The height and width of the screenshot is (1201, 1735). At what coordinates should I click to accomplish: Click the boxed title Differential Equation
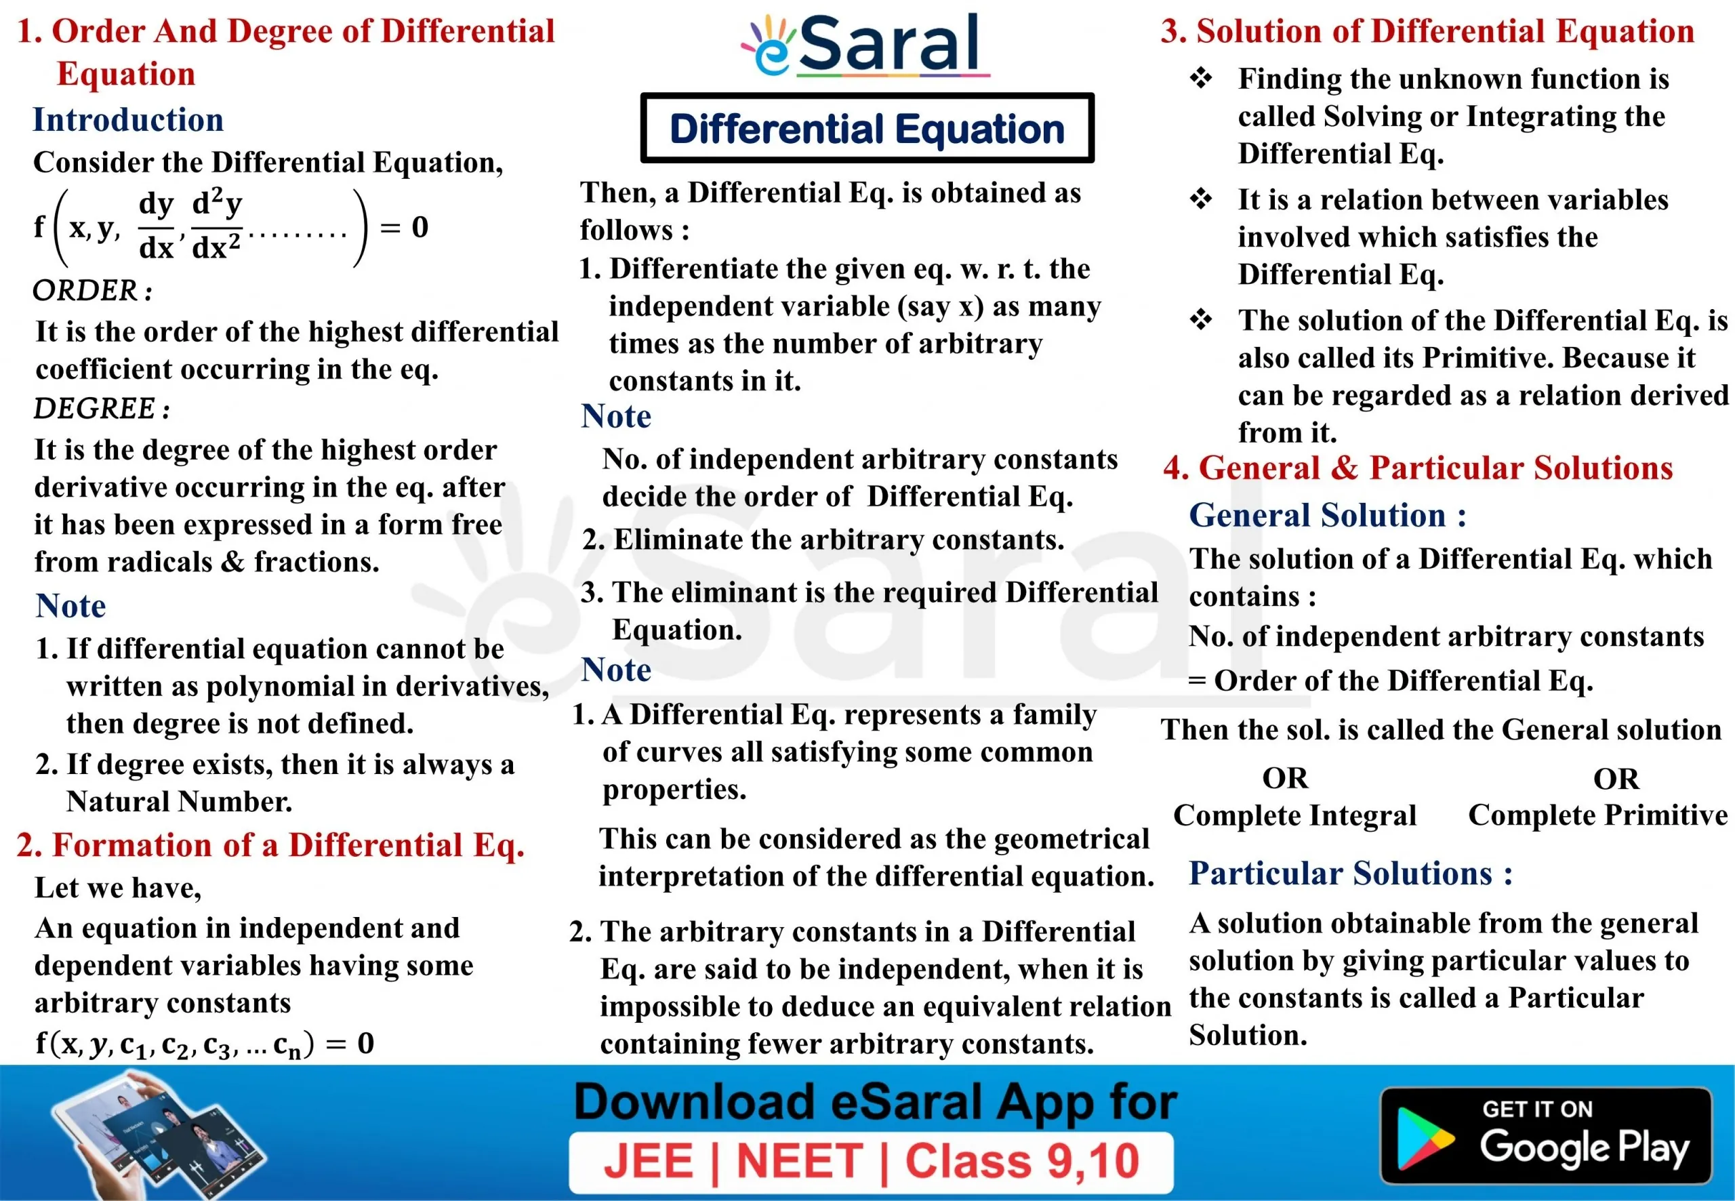867,128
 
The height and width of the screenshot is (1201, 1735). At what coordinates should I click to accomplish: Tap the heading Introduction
128,120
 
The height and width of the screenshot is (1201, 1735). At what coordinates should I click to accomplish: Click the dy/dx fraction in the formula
157,226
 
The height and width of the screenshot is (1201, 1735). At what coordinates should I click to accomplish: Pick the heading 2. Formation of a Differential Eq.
270,844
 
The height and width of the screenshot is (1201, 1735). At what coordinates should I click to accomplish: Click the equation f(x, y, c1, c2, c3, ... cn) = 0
205,1044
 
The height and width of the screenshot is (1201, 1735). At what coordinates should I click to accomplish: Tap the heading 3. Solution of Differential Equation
1427,31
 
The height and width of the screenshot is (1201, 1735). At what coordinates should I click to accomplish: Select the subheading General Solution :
1327,516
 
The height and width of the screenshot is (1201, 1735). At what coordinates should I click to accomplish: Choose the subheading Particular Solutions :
1351,873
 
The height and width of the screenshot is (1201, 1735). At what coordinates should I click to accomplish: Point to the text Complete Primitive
1598,815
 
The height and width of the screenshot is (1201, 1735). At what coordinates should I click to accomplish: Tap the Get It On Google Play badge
1547,1135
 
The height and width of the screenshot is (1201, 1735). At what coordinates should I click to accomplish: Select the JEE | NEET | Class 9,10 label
872,1161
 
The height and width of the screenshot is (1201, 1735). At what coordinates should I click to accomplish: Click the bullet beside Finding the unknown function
1201,77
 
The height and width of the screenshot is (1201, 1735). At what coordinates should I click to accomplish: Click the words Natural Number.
179,801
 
